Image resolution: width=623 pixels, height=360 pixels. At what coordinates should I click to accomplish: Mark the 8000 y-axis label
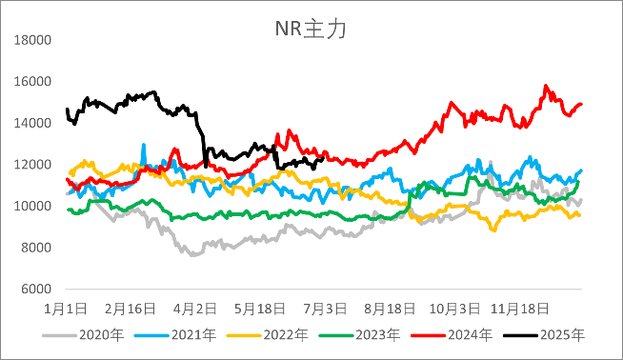coord(34,248)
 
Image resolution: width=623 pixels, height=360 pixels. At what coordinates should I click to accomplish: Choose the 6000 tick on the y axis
coord(34,289)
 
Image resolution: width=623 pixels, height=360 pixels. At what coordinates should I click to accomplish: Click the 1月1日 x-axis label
coord(66,310)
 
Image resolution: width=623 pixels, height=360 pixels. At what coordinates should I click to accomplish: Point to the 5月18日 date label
coord(260,310)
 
